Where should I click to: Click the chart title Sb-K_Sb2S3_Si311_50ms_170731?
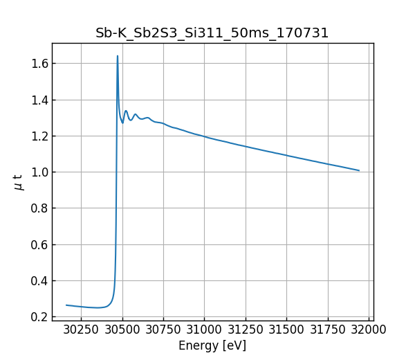click(212, 33)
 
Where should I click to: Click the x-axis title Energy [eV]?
click(212, 345)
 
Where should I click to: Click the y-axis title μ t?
click(19, 182)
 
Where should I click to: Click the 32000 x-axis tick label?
click(368, 330)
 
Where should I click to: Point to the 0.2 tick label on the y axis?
click(38, 317)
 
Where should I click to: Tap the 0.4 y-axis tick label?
click(38, 281)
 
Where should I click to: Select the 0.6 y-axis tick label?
click(38, 244)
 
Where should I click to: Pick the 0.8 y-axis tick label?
click(38, 208)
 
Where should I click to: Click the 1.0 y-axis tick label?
click(38, 172)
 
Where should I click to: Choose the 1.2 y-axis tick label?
click(38, 136)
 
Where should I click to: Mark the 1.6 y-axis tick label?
click(38, 64)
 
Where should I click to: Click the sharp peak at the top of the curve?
click(118, 56)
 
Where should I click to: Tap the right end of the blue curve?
click(359, 170)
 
